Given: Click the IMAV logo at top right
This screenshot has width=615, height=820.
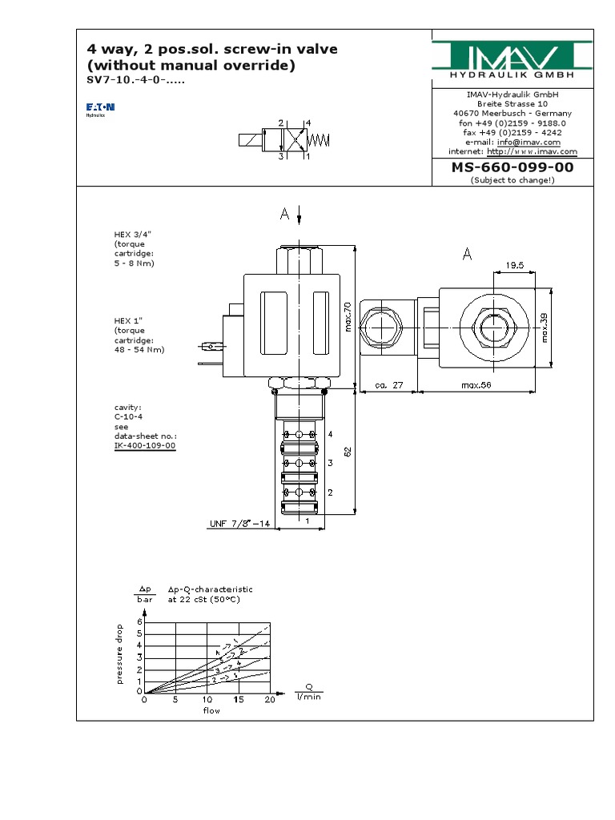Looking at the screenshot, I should click(512, 58).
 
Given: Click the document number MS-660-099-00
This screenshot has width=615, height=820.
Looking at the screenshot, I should click(512, 167).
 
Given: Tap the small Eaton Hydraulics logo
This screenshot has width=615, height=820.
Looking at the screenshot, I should click(101, 109).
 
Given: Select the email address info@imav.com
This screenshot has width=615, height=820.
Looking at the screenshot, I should click(535, 142).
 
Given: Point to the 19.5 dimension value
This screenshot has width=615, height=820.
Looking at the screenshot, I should click(514, 264).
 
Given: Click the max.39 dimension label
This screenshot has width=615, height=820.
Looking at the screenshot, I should click(545, 326).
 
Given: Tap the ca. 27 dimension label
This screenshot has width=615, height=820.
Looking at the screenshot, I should click(388, 385).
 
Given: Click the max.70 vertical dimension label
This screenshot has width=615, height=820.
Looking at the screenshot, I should click(347, 316).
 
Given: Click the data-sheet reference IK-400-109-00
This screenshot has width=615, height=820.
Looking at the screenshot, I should click(144, 445).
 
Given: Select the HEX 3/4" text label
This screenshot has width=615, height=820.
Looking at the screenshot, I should click(133, 234).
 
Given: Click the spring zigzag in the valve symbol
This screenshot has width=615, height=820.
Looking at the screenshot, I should click(320, 140).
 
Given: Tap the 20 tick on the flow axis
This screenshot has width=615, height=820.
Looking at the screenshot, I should click(269, 700).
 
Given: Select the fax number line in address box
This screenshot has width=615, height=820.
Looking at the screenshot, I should click(512, 133).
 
